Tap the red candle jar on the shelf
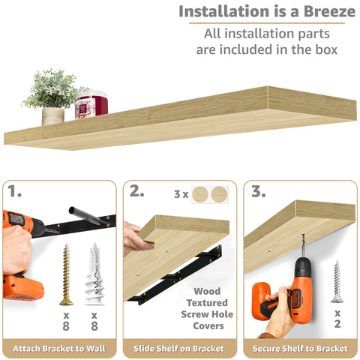click(91, 104)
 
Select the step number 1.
click(15, 192)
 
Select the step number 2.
click(136, 192)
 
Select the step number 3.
click(258, 192)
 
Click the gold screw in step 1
click(66, 274)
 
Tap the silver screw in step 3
click(337, 281)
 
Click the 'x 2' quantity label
click(337, 318)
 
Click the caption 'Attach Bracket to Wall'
click(59, 349)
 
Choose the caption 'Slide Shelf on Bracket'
click(180, 349)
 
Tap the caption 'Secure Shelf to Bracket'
click(300, 349)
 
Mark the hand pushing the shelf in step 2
click(135, 236)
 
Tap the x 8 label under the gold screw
click(66, 322)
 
